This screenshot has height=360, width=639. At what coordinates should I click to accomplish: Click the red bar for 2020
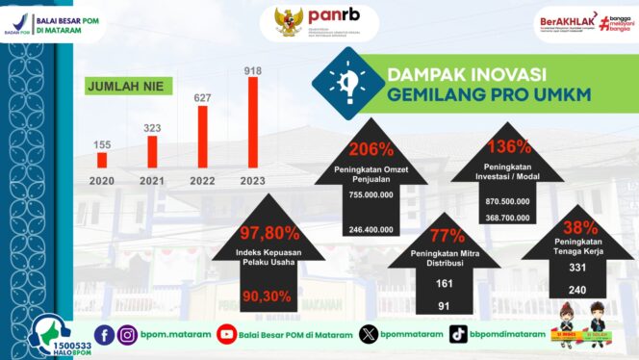click(x=102, y=160)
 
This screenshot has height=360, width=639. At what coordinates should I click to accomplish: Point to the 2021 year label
click(x=152, y=180)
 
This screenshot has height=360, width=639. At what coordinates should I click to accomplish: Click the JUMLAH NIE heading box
click(x=124, y=87)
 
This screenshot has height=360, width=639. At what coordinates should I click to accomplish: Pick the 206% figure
click(x=371, y=149)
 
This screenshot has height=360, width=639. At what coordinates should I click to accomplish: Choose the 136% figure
click(x=509, y=147)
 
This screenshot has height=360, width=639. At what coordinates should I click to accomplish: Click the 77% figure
click(x=446, y=236)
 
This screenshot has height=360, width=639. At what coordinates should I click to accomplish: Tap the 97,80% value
click(x=271, y=232)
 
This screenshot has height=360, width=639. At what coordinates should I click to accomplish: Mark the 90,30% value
click(x=270, y=296)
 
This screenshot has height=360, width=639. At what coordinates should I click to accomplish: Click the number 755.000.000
click(x=371, y=193)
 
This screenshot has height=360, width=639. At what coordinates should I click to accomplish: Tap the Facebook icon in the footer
click(x=104, y=334)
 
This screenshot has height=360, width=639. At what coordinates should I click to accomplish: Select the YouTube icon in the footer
click(x=227, y=334)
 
